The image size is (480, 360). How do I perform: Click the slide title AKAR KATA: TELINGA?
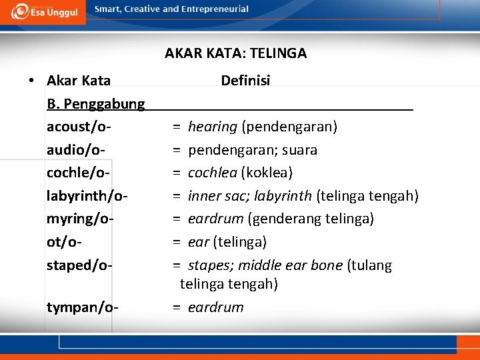click(x=235, y=53)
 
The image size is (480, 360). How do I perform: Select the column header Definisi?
click(x=245, y=81)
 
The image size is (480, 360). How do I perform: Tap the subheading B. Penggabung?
click(x=96, y=104)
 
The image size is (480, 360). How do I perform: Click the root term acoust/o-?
click(x=79, y=127)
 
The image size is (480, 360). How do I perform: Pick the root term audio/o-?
click(x=76, y=150)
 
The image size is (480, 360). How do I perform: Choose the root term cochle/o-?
click(x=78, y=173)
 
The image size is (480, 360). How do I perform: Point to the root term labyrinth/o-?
click(x=87, y=196)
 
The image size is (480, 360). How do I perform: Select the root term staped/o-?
click(x=79, y=265)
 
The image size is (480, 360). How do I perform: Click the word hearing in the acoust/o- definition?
click(x=213, y=127)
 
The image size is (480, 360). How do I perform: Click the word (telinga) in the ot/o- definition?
click(x=242, y=241)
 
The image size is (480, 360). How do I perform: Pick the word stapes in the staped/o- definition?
click(x=207, y=265)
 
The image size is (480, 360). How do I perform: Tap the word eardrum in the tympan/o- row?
click(x=216, y=307)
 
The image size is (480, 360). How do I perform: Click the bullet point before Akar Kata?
click(x=31, y=81)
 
